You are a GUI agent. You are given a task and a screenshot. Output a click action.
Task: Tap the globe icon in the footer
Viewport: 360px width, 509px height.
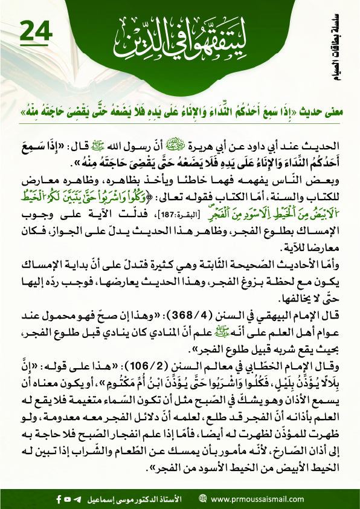pos(202,500)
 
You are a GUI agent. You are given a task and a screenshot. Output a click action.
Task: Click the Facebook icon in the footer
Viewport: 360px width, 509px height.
pos(59,500)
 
